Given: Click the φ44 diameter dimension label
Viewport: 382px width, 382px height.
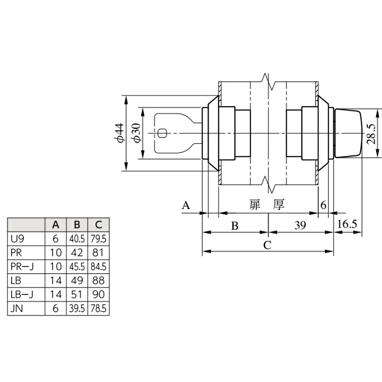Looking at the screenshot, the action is (119, 133).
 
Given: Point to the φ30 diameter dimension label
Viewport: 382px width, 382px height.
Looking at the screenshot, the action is (136, 133).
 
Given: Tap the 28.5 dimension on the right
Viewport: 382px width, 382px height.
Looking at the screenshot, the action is (372, 134).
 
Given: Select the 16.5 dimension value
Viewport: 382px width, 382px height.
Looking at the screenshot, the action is (347, 224).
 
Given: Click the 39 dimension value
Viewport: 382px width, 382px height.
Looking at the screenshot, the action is (300, 225).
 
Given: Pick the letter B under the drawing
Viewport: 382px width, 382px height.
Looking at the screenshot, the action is (235, 226).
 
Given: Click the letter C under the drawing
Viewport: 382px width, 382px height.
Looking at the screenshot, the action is (267, 245).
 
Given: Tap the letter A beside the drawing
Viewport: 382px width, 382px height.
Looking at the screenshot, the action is (186, 205).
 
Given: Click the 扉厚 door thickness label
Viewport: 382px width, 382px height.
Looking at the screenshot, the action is (267, 205).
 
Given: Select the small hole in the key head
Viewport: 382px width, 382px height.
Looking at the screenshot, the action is (162, 133).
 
